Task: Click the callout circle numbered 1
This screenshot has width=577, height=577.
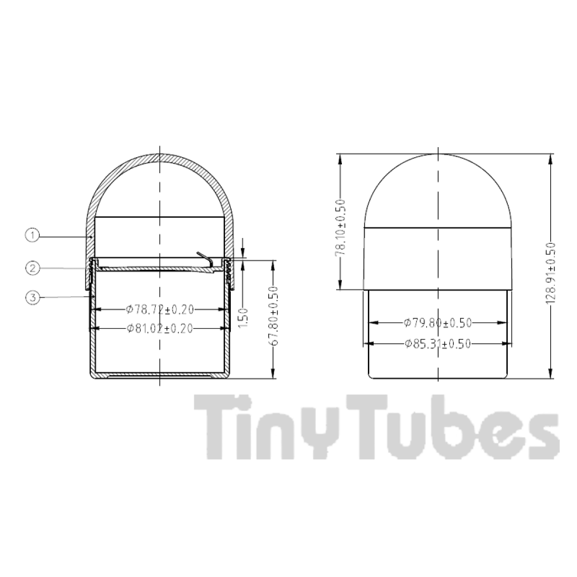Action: coord(32,236)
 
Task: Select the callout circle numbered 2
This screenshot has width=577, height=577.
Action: coord(32,268)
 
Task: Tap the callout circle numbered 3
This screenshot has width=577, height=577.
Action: coord(32,298)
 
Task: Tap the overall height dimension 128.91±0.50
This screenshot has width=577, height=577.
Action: coord(551,272)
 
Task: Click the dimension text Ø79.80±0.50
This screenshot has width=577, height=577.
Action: coord(437,323)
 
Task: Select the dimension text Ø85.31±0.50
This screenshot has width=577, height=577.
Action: coord(437,343)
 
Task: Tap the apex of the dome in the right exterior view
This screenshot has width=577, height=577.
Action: coord(438,154)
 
